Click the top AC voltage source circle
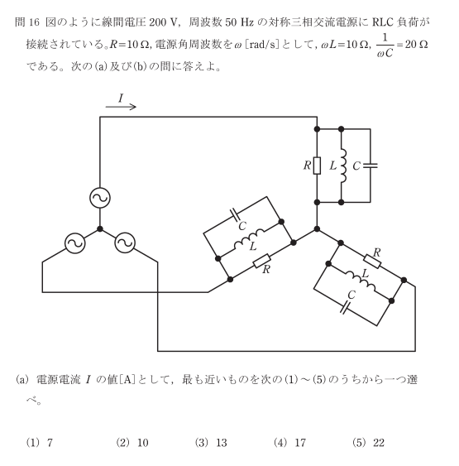click(100, 198)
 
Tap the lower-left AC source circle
click(75, 243)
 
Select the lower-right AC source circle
click(125, 243)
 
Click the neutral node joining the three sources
click(100, 228)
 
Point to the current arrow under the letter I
click(121, 107)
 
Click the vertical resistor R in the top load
click(317, 166)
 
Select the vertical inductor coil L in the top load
click(343, 166)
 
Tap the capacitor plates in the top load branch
click(371, 166)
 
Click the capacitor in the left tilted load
click(236, 215)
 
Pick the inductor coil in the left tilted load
click(249, 240)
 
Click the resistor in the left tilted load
click(262, 261)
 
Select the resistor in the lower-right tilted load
click(372, 262)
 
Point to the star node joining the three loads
click(317, 228)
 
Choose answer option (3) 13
click(211, 443)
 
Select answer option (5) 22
click(368, 443)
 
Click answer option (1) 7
click(40, 443)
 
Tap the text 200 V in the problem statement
click(164, 22)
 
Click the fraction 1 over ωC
click(385, 46)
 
